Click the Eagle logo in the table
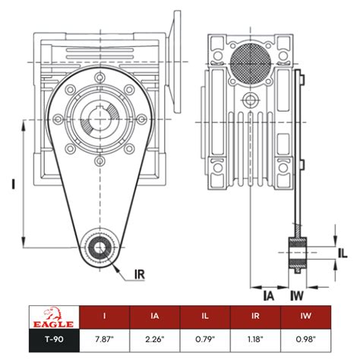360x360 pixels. (51, 314)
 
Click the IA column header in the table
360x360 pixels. (154, 314)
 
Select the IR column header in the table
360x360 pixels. (257, 314)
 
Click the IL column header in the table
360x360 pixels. (206, 314)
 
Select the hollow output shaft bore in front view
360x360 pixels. (99, 121)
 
